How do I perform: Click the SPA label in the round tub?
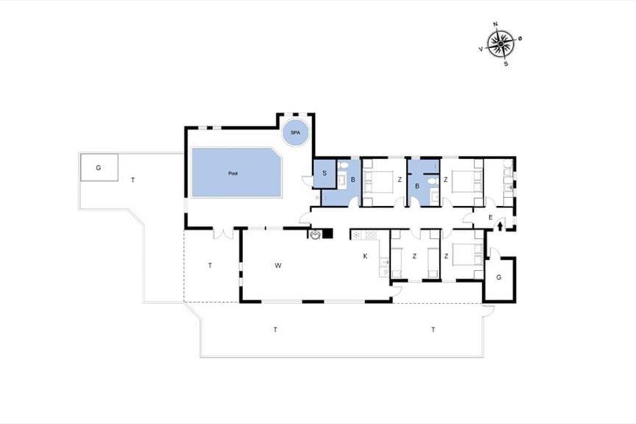(295, 132)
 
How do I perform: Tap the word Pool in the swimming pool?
(233, 173)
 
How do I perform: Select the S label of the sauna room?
(324, 173)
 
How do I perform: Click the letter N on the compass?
(496, 24)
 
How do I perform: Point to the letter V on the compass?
(481, 49)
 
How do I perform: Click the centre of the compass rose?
(500, 44)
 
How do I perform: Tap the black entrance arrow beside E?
(500, 226)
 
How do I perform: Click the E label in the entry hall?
(490, 217)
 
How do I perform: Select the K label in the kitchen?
(365, 256)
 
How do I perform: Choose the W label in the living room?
(278, 266)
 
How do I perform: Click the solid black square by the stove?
(329, 233)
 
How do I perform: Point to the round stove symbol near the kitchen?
(315, 235)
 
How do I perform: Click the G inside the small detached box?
(98, 168)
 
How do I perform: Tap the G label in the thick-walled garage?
(499, 278)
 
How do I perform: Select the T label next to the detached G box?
(132, 180)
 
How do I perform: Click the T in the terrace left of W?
(210, 266)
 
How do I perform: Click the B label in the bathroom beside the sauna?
(353, 180)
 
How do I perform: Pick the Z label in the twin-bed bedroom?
(414, 257)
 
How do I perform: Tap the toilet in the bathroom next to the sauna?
(343, 165)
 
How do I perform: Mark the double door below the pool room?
(223, 233)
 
